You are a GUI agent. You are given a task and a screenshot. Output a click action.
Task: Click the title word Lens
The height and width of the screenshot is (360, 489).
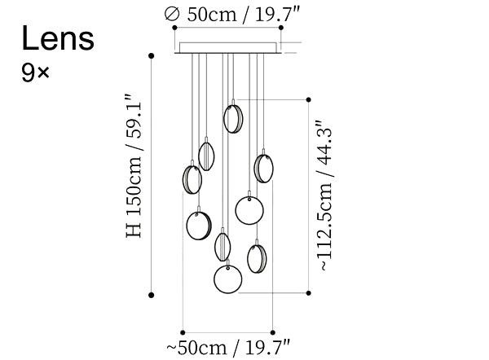[58, 38]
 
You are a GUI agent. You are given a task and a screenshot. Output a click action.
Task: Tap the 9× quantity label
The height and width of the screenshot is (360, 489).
[35, 73]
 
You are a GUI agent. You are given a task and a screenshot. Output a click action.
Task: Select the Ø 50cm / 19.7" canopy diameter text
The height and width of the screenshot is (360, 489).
[232, 14]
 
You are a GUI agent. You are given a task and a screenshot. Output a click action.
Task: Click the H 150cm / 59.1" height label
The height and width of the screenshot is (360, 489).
[134, 165]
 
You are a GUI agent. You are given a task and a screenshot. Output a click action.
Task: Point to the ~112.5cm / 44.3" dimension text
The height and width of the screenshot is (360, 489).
[324, 195]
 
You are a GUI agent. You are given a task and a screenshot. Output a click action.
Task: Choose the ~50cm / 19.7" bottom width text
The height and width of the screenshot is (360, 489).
[228, 348]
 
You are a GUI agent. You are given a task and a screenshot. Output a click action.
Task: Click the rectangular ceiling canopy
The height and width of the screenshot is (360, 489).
[228, 48]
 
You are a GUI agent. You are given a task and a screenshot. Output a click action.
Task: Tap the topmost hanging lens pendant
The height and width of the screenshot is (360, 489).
[233, 119]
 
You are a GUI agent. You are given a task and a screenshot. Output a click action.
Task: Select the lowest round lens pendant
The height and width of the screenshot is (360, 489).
[228, 279]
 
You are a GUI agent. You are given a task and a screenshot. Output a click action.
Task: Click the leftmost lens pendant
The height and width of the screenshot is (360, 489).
[192, 179]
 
